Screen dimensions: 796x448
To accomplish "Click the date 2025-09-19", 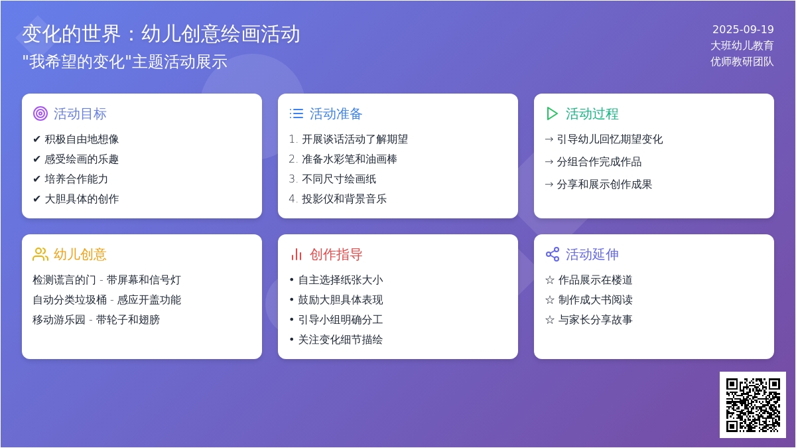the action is (743, 29).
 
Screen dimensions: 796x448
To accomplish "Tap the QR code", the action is (753, 405).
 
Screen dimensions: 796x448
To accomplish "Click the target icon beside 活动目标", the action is (40, 113).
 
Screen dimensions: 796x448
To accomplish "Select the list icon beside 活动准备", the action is (296, 113).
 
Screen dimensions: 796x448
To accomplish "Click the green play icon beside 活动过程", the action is (551, 113).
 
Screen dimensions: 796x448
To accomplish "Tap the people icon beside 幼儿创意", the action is (40, 254).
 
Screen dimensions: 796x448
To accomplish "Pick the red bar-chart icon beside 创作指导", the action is (296, 254).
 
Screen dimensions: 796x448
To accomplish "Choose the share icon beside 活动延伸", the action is (552, 254).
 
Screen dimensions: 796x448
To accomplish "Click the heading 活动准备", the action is (336, 113).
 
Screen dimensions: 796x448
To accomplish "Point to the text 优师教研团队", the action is (742, 62).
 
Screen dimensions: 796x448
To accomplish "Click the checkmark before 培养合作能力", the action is (36, 179).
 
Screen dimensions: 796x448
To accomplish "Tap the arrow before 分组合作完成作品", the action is (549, 162).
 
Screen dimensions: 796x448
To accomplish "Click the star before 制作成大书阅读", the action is (550, 300).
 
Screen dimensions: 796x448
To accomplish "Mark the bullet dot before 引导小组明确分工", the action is (291, 320).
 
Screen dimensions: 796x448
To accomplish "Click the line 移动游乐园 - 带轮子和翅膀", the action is (96, 320).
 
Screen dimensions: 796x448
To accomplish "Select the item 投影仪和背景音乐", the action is (344, 198).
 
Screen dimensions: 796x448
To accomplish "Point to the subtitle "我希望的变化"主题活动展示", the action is (125, 62).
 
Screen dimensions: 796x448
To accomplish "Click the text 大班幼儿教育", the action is (742, 46).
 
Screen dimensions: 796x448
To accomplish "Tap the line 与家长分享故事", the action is (595, 320).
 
